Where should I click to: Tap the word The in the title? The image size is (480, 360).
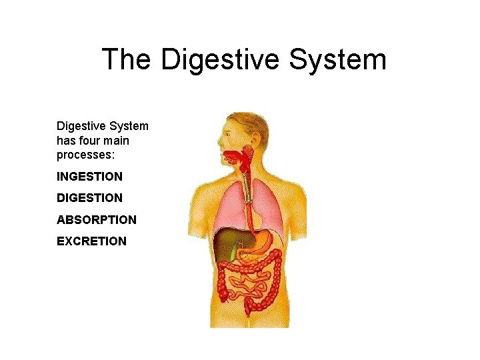127,59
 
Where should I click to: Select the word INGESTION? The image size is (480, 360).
89,177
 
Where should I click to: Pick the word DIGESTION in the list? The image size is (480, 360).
89,198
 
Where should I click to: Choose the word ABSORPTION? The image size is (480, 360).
97,219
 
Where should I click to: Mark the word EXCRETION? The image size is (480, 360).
91,241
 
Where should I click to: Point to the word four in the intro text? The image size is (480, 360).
87,141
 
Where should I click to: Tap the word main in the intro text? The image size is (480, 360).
116,141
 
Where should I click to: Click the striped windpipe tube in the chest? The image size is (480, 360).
247,190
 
